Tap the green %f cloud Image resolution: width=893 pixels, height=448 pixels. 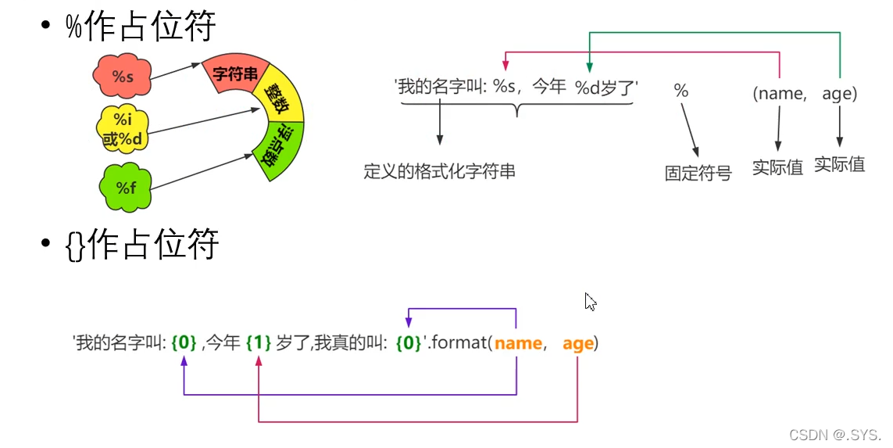[126, 187]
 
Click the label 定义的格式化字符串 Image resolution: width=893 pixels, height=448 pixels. [439, 171]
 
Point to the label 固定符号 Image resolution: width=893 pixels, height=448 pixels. [698, 174]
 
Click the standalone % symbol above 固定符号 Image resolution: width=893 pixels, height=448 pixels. [681, 91]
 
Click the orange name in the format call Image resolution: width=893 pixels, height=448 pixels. [518, 343]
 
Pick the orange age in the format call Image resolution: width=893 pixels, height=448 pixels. [577, 343]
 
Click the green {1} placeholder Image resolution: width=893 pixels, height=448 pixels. [258, 343]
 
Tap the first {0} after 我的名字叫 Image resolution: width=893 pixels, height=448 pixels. [184, 343]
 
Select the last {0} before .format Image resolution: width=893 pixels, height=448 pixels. [408, 343]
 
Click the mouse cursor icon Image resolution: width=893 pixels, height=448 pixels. [591, 302]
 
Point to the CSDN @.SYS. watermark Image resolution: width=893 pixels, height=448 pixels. [834, 435]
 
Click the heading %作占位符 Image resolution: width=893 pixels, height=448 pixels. [141, 27]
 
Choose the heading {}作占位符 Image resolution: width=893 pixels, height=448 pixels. [142, 246]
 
